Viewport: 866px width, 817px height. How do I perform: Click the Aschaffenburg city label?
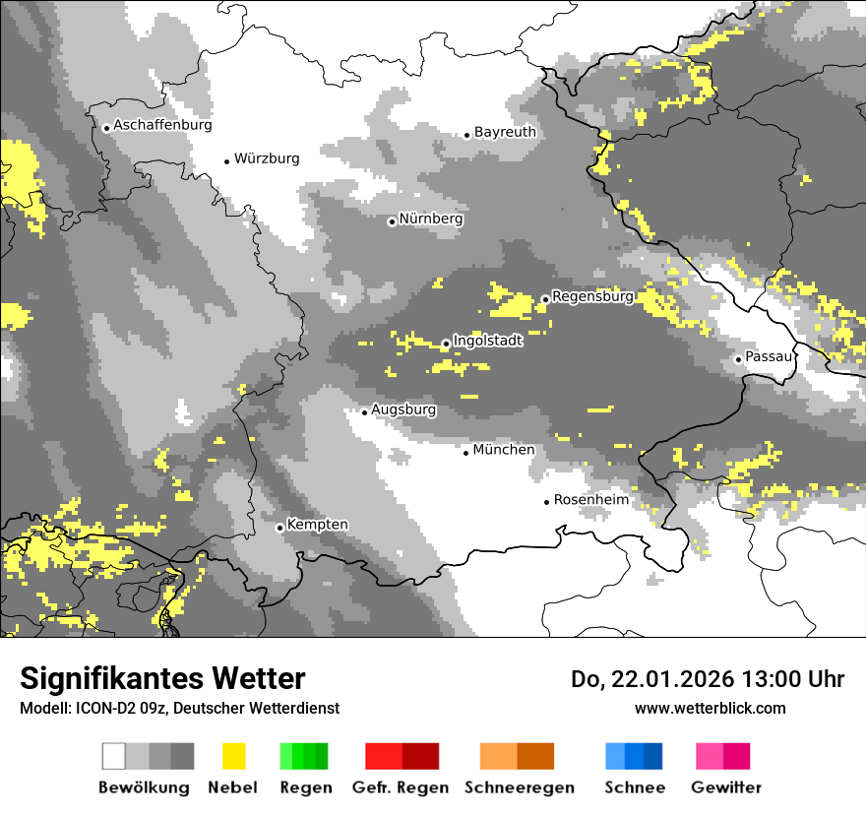click(162, 126)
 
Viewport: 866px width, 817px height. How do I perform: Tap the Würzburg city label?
click(267, 158)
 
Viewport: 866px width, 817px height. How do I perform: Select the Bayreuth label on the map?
click(505, 132)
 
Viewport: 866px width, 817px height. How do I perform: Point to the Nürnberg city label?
click(431, 220)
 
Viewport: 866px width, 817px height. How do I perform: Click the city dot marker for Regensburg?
click(545, 298)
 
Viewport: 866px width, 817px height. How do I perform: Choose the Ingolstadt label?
click(487, 342)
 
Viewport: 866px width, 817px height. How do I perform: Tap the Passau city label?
click(769, 356)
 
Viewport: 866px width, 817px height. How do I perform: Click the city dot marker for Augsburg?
click(364, 412)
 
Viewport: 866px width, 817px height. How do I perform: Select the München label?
click(504, 450)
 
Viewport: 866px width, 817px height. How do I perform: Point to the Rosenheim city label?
click(590, 500)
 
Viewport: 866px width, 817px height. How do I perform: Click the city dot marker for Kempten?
click(280, 528)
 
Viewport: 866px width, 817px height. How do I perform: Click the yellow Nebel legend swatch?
click(233, 756)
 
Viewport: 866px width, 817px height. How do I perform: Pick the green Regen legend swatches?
click(304, 756)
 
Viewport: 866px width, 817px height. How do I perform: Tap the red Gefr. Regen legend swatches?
click(402, 756)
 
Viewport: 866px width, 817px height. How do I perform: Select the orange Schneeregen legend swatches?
click(518, 756)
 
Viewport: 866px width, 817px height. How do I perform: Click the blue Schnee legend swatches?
click(634, 756)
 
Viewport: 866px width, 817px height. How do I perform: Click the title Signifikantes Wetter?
click(162, 679)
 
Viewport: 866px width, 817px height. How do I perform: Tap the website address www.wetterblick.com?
click(710, 708)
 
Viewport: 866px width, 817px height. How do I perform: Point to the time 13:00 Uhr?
click(783, 679)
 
